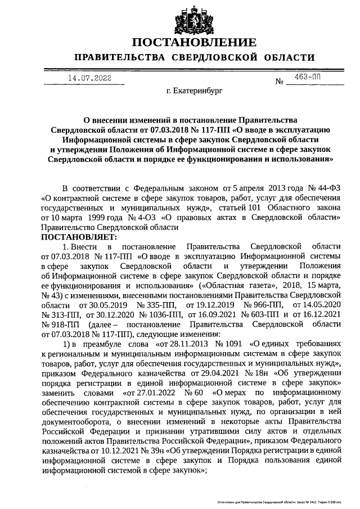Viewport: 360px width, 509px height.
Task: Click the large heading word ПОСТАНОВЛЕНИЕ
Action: (x=193, y=43)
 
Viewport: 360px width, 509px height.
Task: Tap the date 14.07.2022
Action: (x=89, y=78)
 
